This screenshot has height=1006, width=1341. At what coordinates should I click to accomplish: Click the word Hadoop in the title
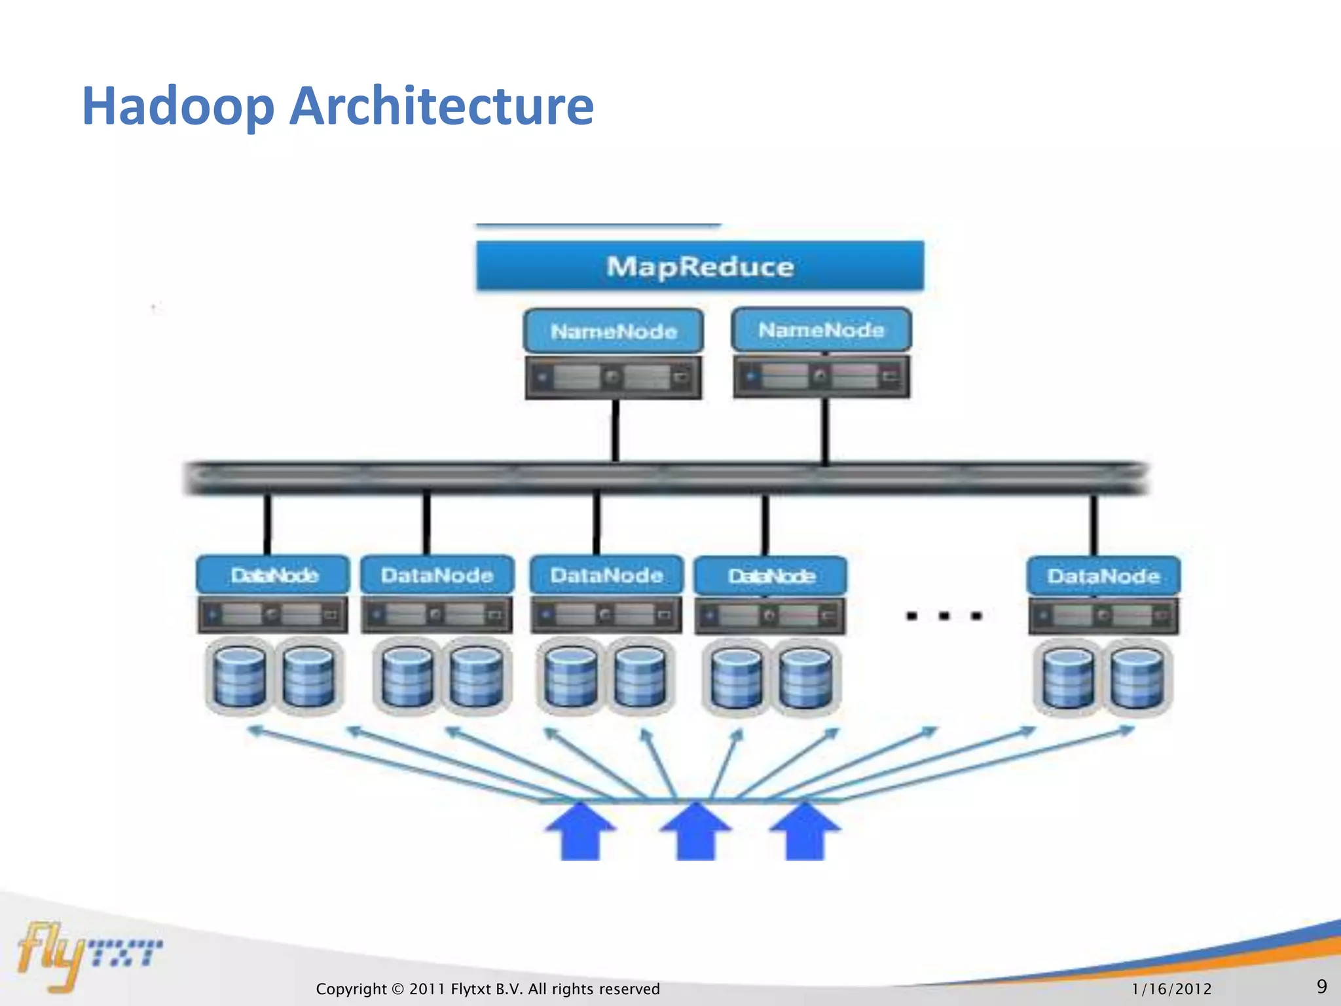pos(177,107)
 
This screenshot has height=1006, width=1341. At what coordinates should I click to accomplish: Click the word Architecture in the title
pos(441,105)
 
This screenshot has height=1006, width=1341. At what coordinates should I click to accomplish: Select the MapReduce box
pos(699,267)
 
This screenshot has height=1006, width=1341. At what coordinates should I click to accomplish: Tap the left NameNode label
pos(614,331)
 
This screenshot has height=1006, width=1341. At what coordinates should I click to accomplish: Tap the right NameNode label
pos(821,330)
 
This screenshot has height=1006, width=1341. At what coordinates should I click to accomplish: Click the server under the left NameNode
pos(614,377)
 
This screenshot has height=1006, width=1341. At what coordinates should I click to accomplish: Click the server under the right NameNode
pos(821,376)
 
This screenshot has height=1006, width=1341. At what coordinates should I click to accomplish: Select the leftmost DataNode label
pos(273,576)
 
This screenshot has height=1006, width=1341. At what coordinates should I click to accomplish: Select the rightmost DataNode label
pos(1103,576)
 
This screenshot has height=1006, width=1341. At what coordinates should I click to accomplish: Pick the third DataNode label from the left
pos(606,576)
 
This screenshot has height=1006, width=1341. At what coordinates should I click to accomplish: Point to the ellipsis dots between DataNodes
pos(944,616)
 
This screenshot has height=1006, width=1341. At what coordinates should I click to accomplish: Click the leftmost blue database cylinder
pos(240,677)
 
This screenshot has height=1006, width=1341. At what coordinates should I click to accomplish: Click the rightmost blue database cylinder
pos(1138,678)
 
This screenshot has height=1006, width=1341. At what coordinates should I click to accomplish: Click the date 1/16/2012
pos(1171,989)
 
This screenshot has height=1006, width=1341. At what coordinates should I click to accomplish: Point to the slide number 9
pos(1321,986)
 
